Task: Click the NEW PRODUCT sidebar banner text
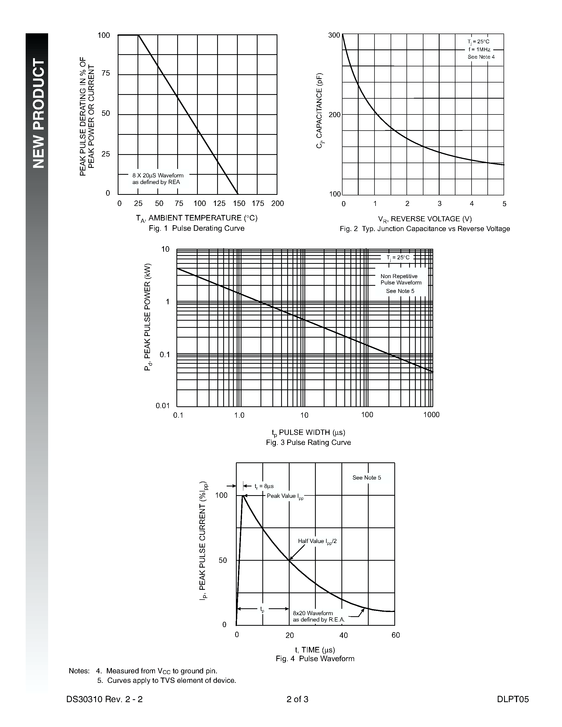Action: [x=38, y=113]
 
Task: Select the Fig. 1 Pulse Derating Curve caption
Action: [x=197, y=228]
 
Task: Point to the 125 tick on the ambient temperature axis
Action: [x=219, y=203]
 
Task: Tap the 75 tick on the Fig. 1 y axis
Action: [x=106, y=73]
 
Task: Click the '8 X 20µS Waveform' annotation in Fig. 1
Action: [x=158, y=176]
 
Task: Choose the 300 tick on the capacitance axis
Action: [x=334, y=35]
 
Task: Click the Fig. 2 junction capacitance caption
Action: [x=425, y=229]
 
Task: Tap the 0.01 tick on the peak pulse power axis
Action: [x=163, y=406]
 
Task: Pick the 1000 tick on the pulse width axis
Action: [x=432, y=415]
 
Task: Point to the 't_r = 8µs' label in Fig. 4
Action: [x=264, y=486]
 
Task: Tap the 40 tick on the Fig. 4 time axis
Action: [x=344, y=635]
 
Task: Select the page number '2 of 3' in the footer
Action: [x=297, y=699]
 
